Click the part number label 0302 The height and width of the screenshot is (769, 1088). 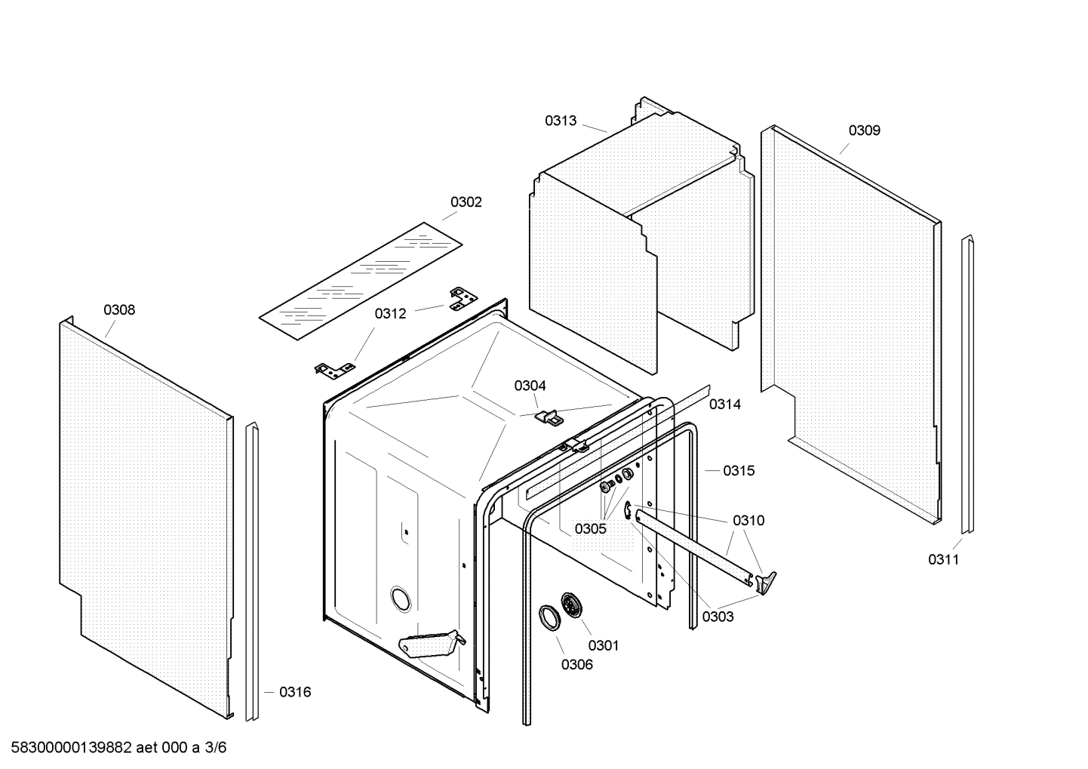click(466, 202)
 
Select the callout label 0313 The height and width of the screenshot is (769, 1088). click(561, 121)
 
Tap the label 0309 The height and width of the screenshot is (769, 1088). click(864, 131)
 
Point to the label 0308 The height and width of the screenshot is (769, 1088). click(119, 310)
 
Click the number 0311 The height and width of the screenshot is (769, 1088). click(943, 560)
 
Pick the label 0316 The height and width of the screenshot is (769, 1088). click(294, 692)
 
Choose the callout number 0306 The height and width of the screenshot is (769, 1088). click(576, 665)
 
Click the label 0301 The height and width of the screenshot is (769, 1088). click(603, 645)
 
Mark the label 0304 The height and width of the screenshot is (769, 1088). click(530, 386)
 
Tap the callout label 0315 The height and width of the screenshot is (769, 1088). click(738, 471)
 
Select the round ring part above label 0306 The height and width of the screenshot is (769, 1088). click(549, 616)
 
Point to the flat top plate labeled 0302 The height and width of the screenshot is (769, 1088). click(360, 281)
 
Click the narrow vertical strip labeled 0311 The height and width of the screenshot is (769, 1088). click(967, 385)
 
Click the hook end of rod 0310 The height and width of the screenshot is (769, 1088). click(766, 580)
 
